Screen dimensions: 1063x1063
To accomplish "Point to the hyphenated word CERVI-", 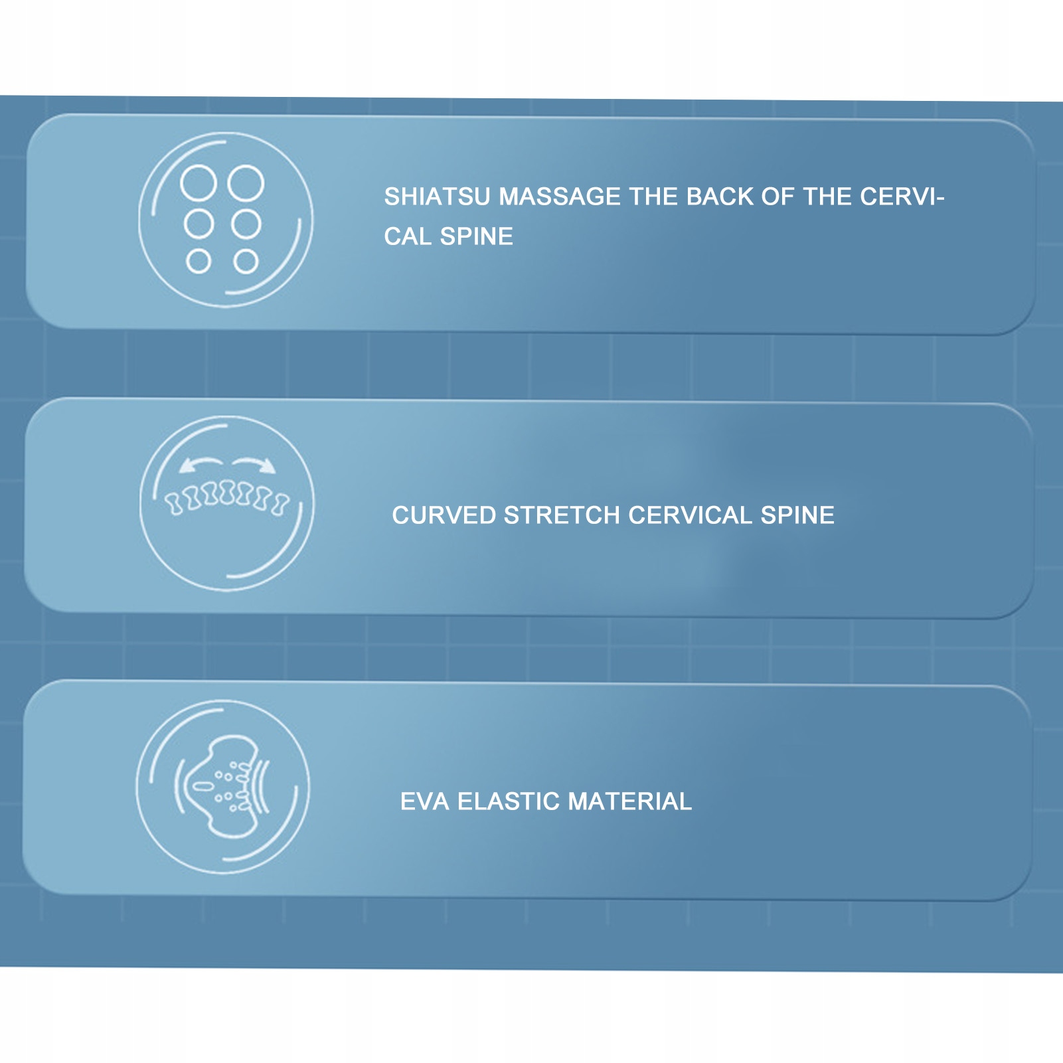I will point(902,197).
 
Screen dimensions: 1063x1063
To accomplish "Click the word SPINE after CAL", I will point(476,237).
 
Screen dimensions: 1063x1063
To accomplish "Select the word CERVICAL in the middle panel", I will point(690,516).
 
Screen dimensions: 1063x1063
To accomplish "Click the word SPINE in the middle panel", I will point(797,516).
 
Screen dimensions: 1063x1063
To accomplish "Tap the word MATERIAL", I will point(629,802).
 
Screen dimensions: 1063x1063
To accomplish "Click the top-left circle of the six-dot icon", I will point(199,183).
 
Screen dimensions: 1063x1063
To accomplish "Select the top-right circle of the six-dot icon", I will point(246,183).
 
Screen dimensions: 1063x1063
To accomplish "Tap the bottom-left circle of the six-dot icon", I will point(199,262).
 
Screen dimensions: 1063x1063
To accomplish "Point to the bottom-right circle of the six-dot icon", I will point(246,262).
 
